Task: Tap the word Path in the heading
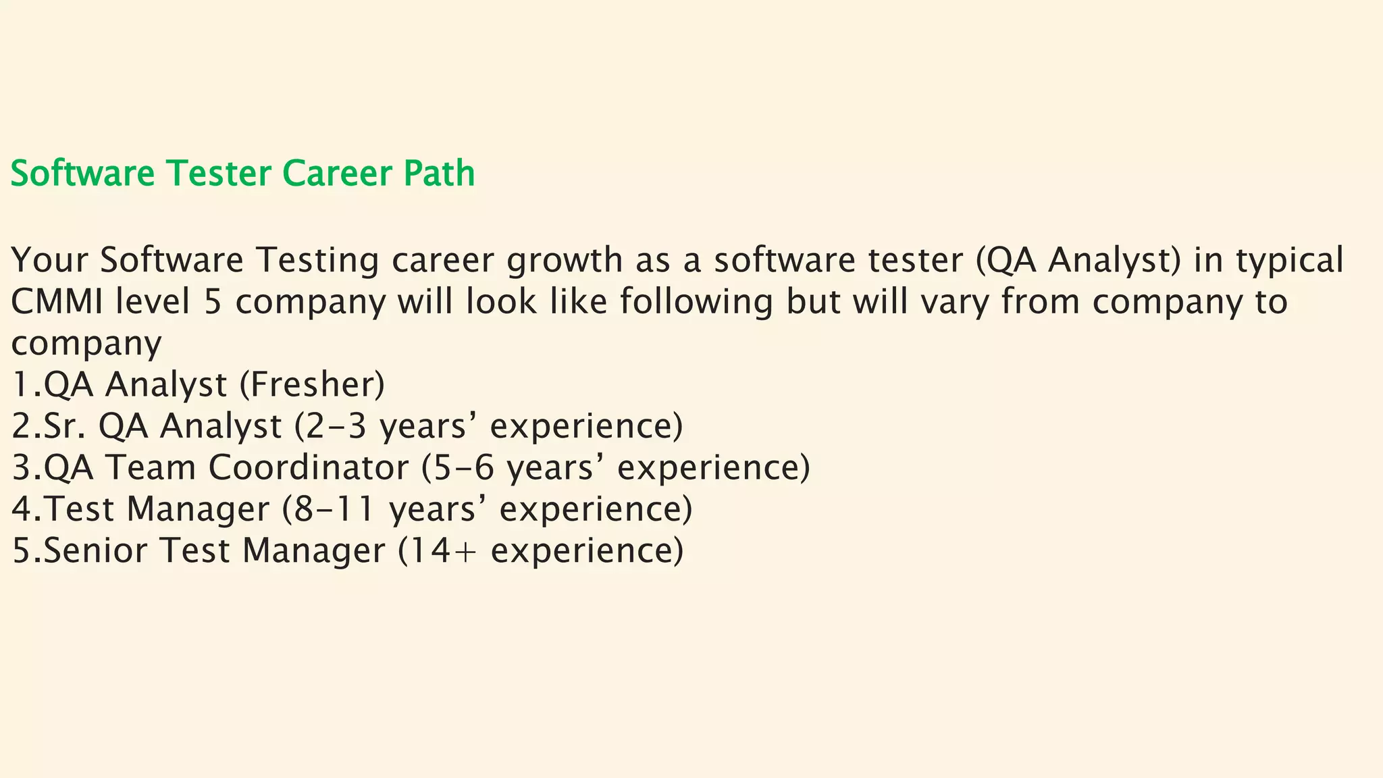[x=440, y=174]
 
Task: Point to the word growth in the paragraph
[x=565, y=261]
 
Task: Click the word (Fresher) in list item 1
[x=312, y=385]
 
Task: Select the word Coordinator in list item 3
[x=308, y=468]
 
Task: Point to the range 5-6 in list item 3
[x=464, y=468]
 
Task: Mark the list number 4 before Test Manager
[x=22, y=509]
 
